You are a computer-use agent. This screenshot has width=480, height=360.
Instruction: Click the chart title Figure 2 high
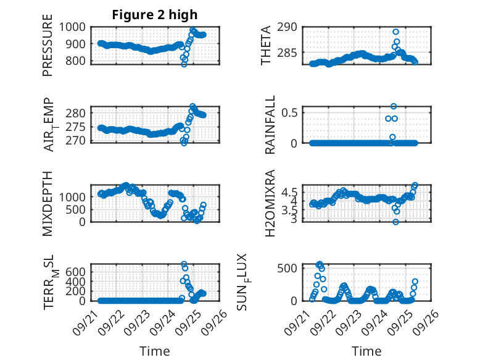(155, 15)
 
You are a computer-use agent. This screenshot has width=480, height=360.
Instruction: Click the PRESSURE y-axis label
(48, 50)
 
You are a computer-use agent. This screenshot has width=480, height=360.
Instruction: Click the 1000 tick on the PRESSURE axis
(73, 27)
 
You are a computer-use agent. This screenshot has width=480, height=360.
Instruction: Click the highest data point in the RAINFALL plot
(394, 106)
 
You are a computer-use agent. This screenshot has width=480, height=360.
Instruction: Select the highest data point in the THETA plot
(395, 31)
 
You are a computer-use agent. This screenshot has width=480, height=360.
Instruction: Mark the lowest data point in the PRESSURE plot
(183, 64)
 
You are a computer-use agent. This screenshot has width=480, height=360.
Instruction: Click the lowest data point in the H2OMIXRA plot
(395, 222)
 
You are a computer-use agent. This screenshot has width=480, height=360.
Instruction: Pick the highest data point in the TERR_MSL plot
(184, 264)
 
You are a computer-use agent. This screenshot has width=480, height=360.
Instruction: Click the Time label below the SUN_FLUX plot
(366, 351)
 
